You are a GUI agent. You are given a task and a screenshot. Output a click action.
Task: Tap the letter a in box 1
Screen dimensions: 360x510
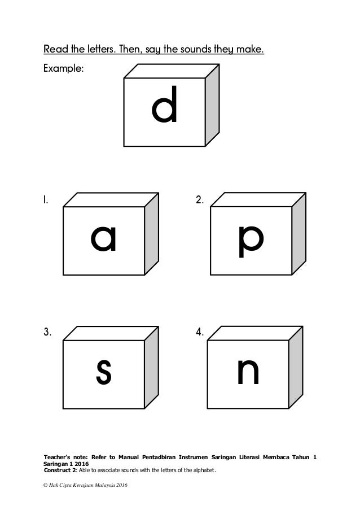click(x=104, y=239)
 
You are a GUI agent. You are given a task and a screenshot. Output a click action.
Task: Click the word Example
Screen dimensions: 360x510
click(x=64, y=69)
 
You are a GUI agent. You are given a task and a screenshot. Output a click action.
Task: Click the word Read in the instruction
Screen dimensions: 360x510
click(x=55, y=50)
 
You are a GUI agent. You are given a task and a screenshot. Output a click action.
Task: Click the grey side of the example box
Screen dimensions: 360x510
click(x=212, y=107)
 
